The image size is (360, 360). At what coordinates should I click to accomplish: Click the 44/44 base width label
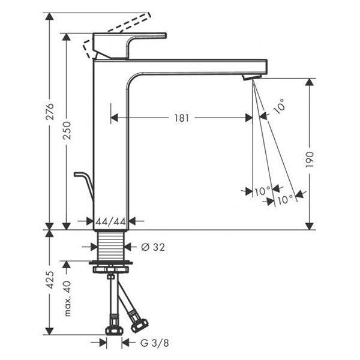111,221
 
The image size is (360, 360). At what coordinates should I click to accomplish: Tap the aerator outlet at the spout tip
251,77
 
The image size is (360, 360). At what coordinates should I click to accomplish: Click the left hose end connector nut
112,329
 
